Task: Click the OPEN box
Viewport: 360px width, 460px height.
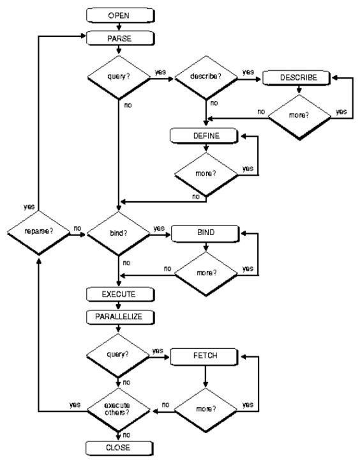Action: [120, 15]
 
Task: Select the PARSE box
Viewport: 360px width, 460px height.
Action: [120, 38]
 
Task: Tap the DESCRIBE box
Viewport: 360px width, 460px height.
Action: [296, 78]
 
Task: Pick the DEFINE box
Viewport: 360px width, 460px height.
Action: [204, 136]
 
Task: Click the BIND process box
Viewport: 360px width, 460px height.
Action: [205, 234]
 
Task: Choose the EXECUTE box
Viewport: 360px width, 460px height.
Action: [120, 295]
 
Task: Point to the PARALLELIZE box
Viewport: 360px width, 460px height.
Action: [120, 317]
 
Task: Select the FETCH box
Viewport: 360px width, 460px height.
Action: [204, 356]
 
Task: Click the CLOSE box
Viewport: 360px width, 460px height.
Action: [119, 448]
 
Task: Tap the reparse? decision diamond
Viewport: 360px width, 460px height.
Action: [39, 233]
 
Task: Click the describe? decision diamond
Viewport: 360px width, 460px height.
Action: [206, 77]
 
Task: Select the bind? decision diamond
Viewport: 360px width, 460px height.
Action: [119, 234]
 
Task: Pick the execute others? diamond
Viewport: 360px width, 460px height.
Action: [118, 410]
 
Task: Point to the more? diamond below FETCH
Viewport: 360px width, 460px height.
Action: [205, 410]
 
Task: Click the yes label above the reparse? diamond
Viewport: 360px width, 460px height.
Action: [29, 207]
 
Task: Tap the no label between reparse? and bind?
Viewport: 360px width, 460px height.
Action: [77, 228]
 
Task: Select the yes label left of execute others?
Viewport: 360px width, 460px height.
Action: [75, 405]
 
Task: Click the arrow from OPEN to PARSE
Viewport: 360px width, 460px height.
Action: [119, 27]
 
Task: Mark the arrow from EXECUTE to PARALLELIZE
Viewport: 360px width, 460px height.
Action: [119, 305]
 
